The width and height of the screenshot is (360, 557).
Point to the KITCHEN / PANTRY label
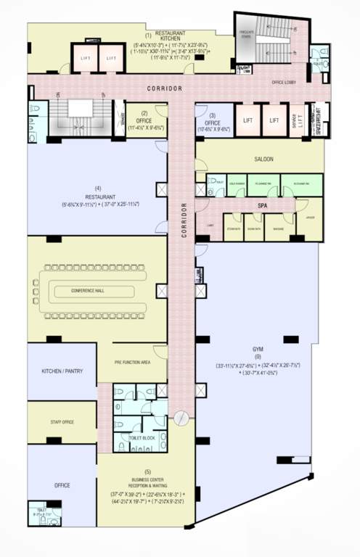62,371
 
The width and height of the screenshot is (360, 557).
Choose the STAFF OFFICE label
62,422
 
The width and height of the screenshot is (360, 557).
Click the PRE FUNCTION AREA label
132,362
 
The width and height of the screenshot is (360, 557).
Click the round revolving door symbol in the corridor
182,418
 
